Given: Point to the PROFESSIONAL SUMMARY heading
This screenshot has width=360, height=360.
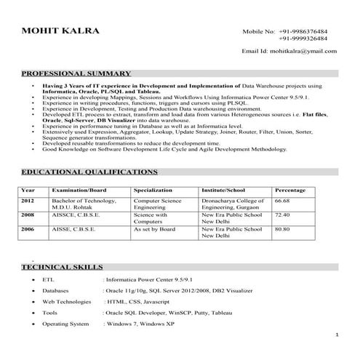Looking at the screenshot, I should pos(76,73).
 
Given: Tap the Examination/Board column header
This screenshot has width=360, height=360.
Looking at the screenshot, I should pos(79,190).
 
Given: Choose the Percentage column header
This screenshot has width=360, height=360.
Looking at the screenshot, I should pos(289,190).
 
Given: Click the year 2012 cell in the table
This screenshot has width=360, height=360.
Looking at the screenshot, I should pos(28,200).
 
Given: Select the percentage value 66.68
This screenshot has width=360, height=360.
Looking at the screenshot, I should pos(281,200).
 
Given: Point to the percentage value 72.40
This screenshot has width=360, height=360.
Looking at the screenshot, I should pos(281,215).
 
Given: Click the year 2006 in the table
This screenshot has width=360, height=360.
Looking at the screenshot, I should pos(28,230).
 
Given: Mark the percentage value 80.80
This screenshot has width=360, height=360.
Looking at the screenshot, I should pos(281,230).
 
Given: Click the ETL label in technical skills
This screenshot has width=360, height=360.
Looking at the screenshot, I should pos(48,279).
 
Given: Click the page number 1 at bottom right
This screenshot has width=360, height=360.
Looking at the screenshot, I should pos(337,335).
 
